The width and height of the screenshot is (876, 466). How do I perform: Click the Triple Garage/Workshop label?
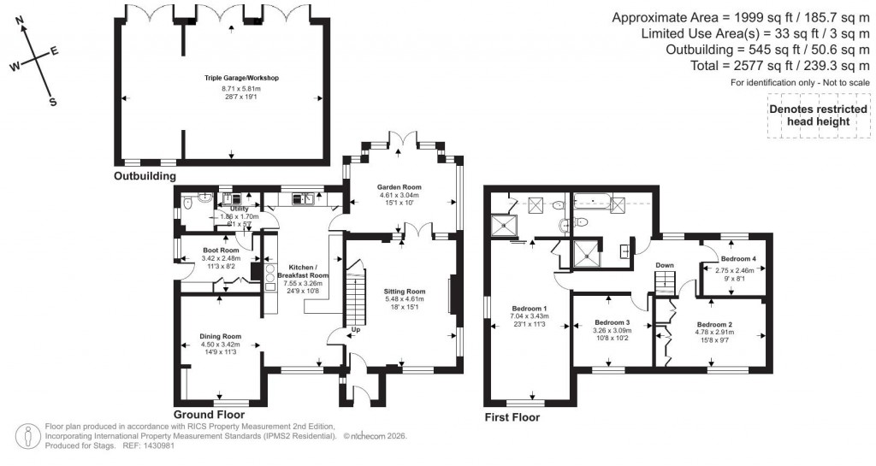[x=242, y=78]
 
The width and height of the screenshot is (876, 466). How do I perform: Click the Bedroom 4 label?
[x=737, y=258]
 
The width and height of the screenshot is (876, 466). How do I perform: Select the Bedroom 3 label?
[x=612, y=323]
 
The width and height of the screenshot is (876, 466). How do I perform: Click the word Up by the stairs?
[x=354, y=330]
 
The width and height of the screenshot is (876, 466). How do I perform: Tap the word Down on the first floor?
[x=666, y=266]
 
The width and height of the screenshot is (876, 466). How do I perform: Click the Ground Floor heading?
[x=209, y=402]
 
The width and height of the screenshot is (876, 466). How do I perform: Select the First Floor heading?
[x=512, y=417]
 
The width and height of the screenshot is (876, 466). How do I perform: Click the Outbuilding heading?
[x=145, y=176]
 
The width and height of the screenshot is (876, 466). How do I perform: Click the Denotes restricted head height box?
[x=809, y=115]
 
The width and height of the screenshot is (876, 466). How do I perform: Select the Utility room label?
[x=240, y=208]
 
